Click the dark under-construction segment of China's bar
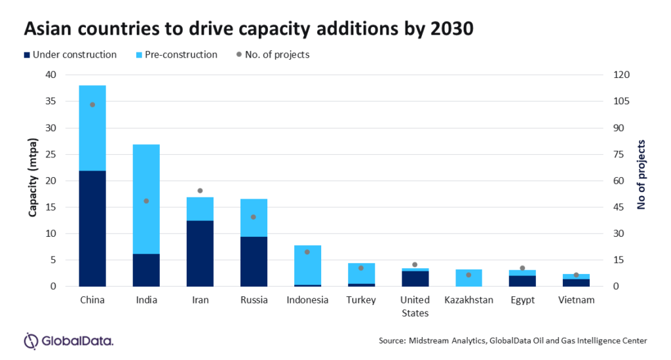coord(92,228)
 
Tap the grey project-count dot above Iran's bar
coord(200,191)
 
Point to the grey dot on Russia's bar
coord(254,217)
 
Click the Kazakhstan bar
coord(469,278)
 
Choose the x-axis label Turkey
coord(361,300)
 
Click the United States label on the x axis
coord(415,306)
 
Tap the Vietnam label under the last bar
coord(576,300)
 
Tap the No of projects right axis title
coord(642,174)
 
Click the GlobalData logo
coord(68,341)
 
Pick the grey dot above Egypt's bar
coord(522,268)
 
